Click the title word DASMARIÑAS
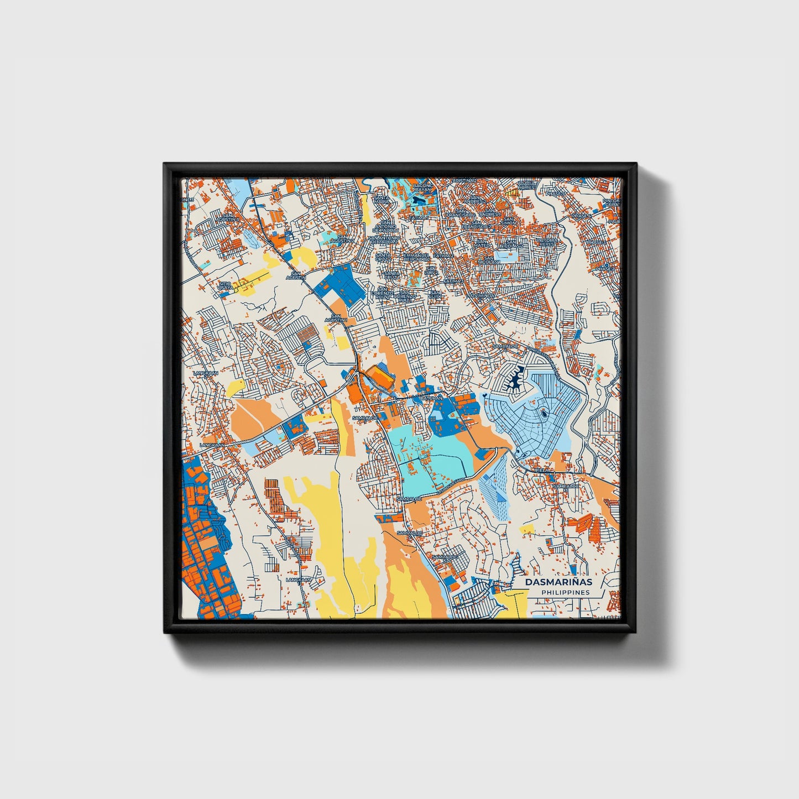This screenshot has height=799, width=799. coord(558,582)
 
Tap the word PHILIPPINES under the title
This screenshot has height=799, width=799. coord(565,593)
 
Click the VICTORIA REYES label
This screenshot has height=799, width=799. coord(546,243)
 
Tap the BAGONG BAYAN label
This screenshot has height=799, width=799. coord(422,186)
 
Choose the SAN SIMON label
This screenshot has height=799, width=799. coord(510,221)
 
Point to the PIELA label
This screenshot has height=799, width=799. coord(542,469)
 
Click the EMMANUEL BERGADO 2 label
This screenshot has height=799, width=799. coord(416,257)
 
